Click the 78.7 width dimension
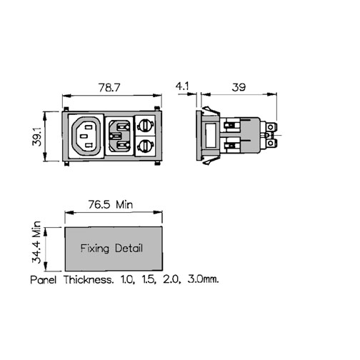click(x=109, y=88)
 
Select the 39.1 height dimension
click(x=37, y=136)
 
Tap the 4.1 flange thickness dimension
click(x=182, y=86)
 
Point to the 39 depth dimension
click(x=239, y=87)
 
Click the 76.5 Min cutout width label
click(x=111, y=204)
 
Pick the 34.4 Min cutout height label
click(x=36, y=242)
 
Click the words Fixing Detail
click(x=111, y=249)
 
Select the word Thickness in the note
click(x=89, y=279)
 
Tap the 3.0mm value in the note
click(x=203, y=279)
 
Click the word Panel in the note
click(x=44, y=279)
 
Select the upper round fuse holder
click(x=145, y=125)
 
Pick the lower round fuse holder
click(x=145, y=146)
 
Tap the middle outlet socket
click(x=119, y=136)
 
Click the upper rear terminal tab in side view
click(x=271, y=127)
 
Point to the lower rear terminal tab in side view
click(x=271, y=144)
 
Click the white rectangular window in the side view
click(x=211, y=135)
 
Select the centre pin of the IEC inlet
click(x=82, y=136)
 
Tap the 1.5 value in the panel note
click(x=149, y=279)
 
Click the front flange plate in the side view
click(x=199, y=135)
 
